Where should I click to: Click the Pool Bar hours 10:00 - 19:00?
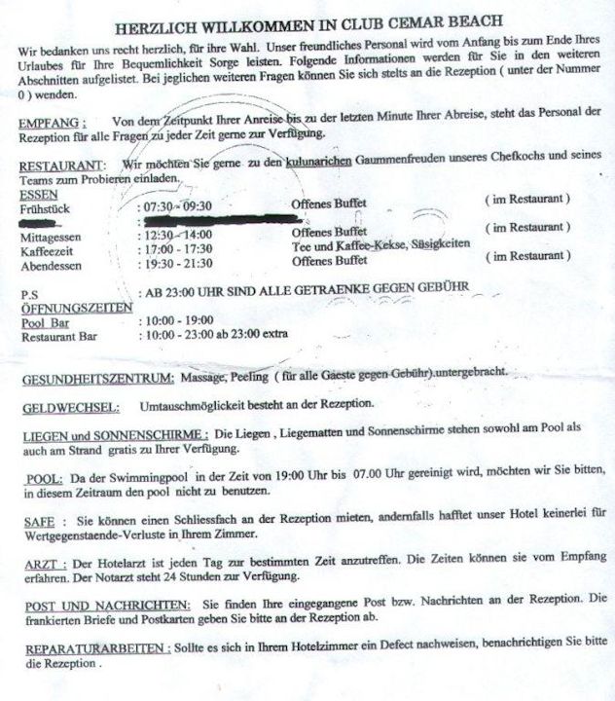177,320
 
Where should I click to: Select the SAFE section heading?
40,522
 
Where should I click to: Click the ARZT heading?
44,565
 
